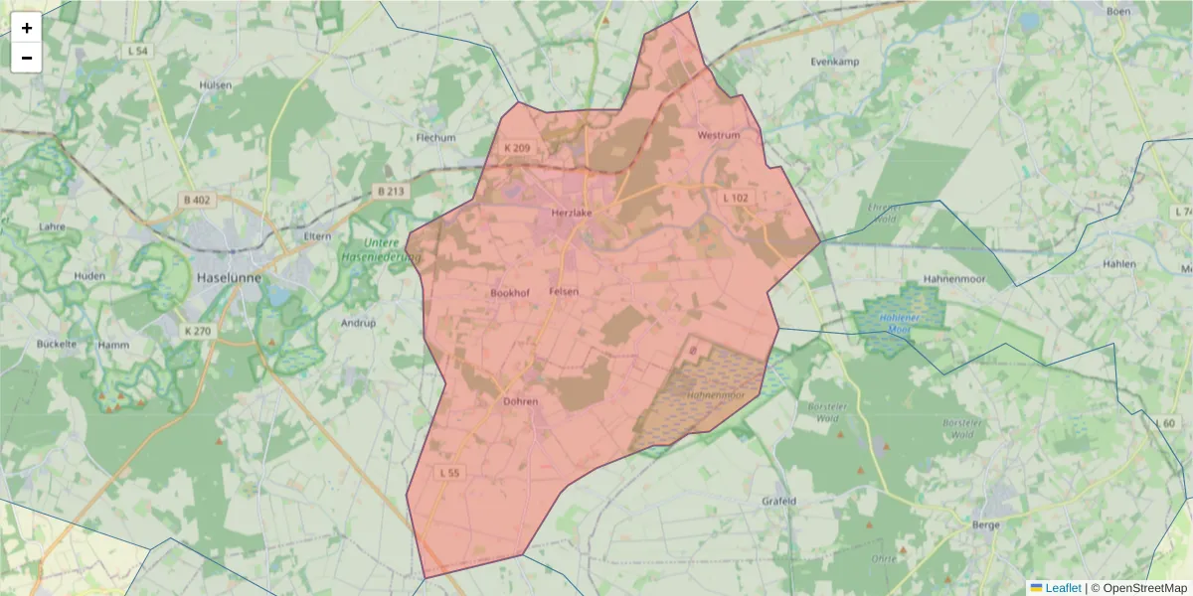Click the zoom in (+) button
27,28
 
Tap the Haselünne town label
229,277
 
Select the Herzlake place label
572,214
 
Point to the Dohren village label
520,402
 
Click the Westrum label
719,135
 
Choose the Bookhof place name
511,293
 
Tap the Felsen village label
564,292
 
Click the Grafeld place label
778,501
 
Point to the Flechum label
435,137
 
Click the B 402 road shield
198,201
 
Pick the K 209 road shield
517,149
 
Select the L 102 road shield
736,198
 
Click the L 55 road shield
448,474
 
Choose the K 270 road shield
199,331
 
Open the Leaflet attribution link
1062,588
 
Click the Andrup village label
358,323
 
